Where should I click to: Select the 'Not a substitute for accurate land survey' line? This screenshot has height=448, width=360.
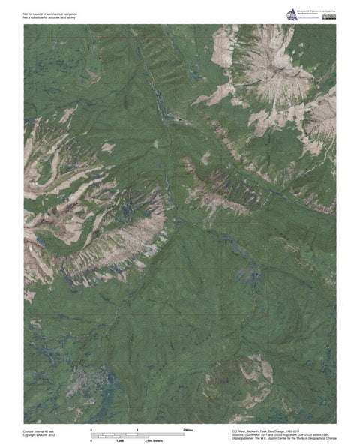(52, 17)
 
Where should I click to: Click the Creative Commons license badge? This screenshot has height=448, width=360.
(328, 15)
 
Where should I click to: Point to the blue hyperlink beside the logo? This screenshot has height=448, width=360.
(308, 17)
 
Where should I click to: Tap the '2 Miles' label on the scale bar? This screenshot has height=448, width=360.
(188, 428)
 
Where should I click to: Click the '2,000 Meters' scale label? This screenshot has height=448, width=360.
(154, 440)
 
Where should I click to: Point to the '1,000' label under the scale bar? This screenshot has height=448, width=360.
(119, 440)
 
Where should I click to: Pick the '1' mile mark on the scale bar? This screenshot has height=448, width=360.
(138, 428)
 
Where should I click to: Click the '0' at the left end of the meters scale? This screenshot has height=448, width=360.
(91, 440)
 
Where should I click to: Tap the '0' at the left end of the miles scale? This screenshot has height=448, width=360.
(91, 428)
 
